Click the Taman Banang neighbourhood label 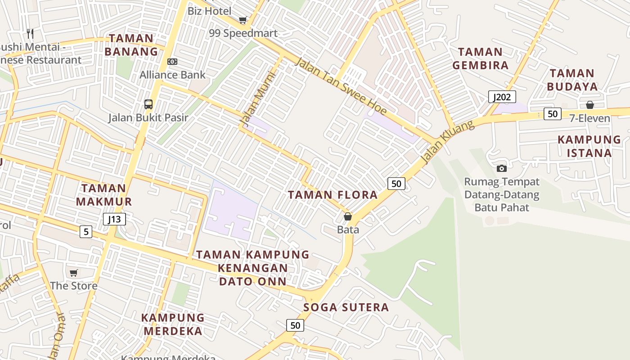[131, 45]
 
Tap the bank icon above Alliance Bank [172, 62]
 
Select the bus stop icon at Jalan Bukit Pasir [148, 104]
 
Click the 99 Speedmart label [243, 33]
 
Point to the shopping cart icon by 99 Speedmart [243, 20]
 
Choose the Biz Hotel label [210, 11]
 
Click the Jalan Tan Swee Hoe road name [340, 85]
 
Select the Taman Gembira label [481, 58]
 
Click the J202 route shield [502, 97]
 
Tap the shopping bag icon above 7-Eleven [590, 105]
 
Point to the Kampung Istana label [589, 146]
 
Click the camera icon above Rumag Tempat [502, 169]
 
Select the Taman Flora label [333, 195]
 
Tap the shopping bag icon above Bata [348, 217]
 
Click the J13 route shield [114, 219]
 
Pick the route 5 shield [86, 232]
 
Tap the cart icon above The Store [73, 273]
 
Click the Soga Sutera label [346, 307]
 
